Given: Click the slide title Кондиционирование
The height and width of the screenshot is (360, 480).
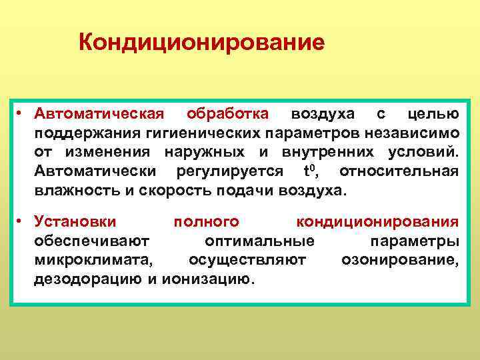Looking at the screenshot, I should pyautogui.click(x=201, y=43).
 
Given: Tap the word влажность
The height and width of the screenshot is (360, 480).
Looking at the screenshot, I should pyautogui.click(x=73, y=191).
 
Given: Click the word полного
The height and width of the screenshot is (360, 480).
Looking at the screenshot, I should pyautogui.click(x=206, y=221).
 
